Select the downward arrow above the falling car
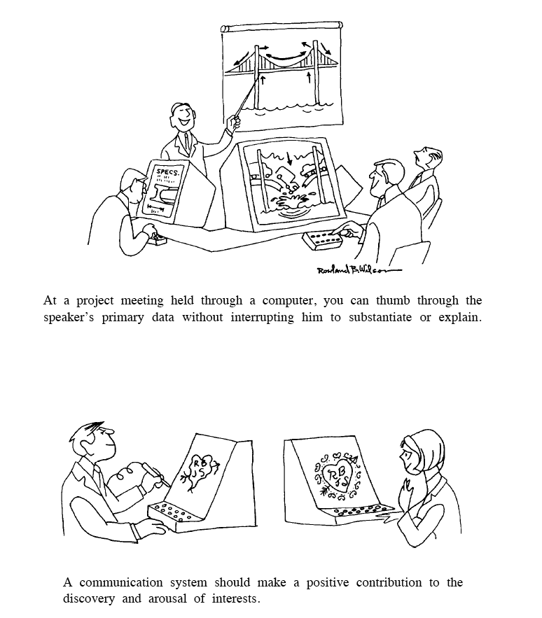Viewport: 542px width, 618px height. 290,157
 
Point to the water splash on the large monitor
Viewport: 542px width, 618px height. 293,201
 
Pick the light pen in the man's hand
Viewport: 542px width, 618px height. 156,474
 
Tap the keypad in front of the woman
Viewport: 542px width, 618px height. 363,512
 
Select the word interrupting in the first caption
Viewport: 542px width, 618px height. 262,318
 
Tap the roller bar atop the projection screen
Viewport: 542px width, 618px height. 282,27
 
